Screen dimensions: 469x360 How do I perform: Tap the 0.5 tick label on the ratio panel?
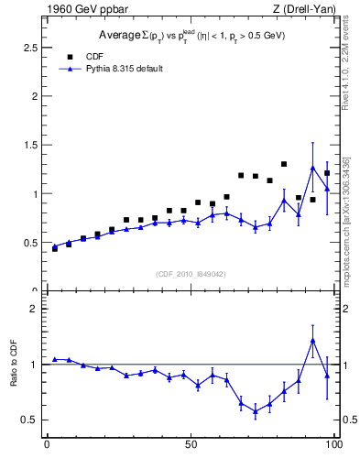27,420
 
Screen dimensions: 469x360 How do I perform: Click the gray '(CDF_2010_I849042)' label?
190,273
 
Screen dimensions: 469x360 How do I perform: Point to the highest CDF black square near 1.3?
284,164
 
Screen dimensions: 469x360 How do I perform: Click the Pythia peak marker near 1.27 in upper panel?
312,168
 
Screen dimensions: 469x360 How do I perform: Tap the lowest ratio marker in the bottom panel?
256,411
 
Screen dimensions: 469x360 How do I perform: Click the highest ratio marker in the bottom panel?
312,340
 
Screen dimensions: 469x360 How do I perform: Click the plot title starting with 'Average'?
190,36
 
